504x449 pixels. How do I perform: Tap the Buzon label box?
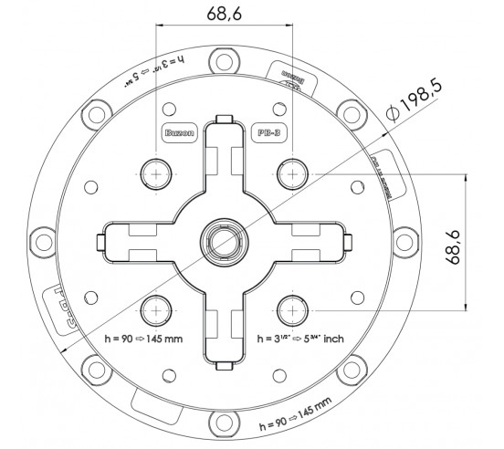[x=177, y=132]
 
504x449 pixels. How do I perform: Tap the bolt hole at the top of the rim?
[x=224, y=62]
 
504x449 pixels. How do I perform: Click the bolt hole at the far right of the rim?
[x=404, y=242]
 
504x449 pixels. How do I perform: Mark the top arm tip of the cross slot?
[x=224, y=121]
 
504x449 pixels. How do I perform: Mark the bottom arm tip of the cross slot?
[x=224, y=361]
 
